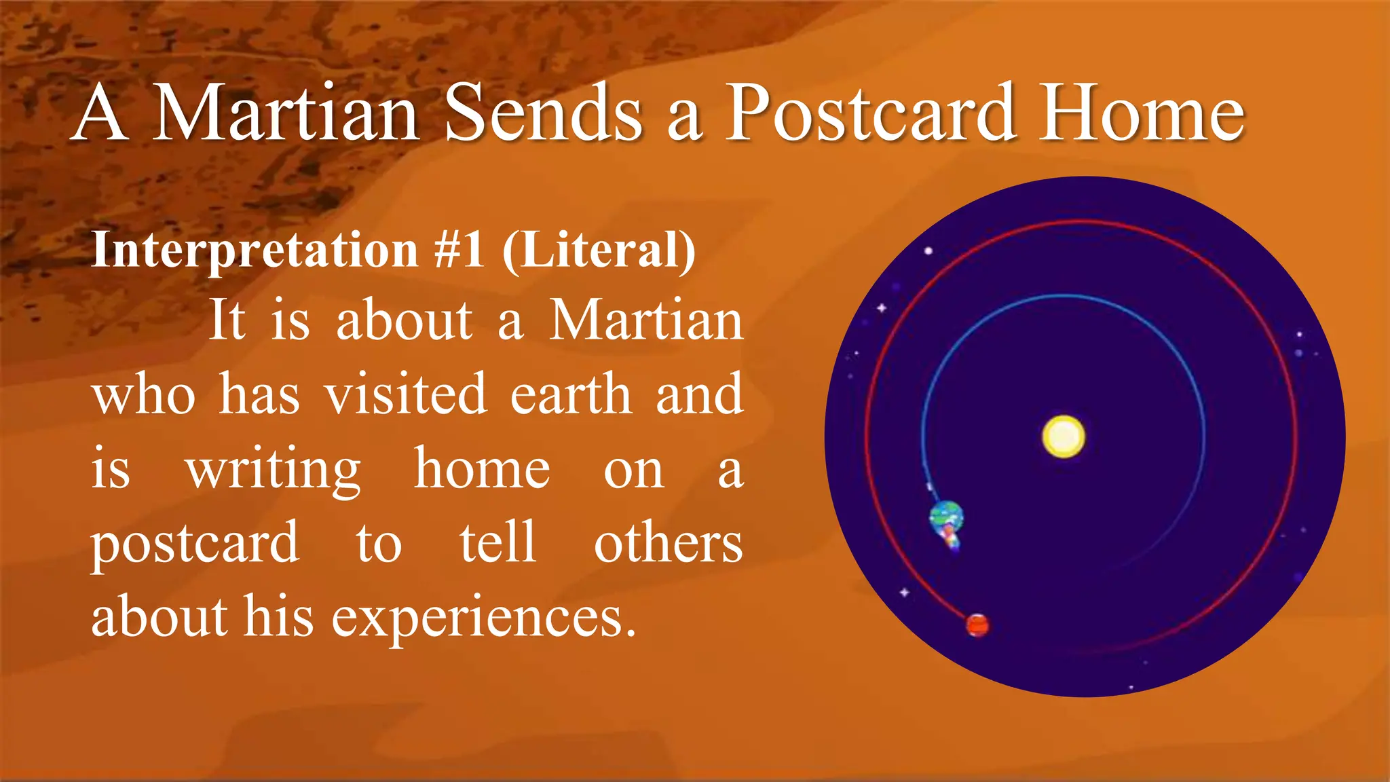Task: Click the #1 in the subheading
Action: (459, 250)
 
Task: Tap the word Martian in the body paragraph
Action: (645, 320)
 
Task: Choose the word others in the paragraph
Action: (668, 543)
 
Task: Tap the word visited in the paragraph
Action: (405, 394)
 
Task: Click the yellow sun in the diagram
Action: (1063, 436)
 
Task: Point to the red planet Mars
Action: (977, 625)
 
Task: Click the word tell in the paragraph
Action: (498, 543)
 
